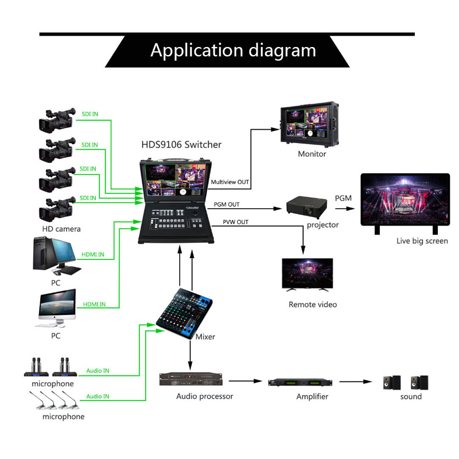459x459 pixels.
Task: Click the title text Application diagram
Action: [233, 50]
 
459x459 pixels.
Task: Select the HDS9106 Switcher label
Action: [181, 145]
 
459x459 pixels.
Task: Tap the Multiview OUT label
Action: [230, 182]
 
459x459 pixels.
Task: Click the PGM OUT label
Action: [227, 204]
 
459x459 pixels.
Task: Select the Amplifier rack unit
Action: [299, 382]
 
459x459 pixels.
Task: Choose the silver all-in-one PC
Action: [57, 308]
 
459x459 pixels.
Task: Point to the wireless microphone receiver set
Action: [52, 367]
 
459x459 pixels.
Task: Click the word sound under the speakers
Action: [411, 396]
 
